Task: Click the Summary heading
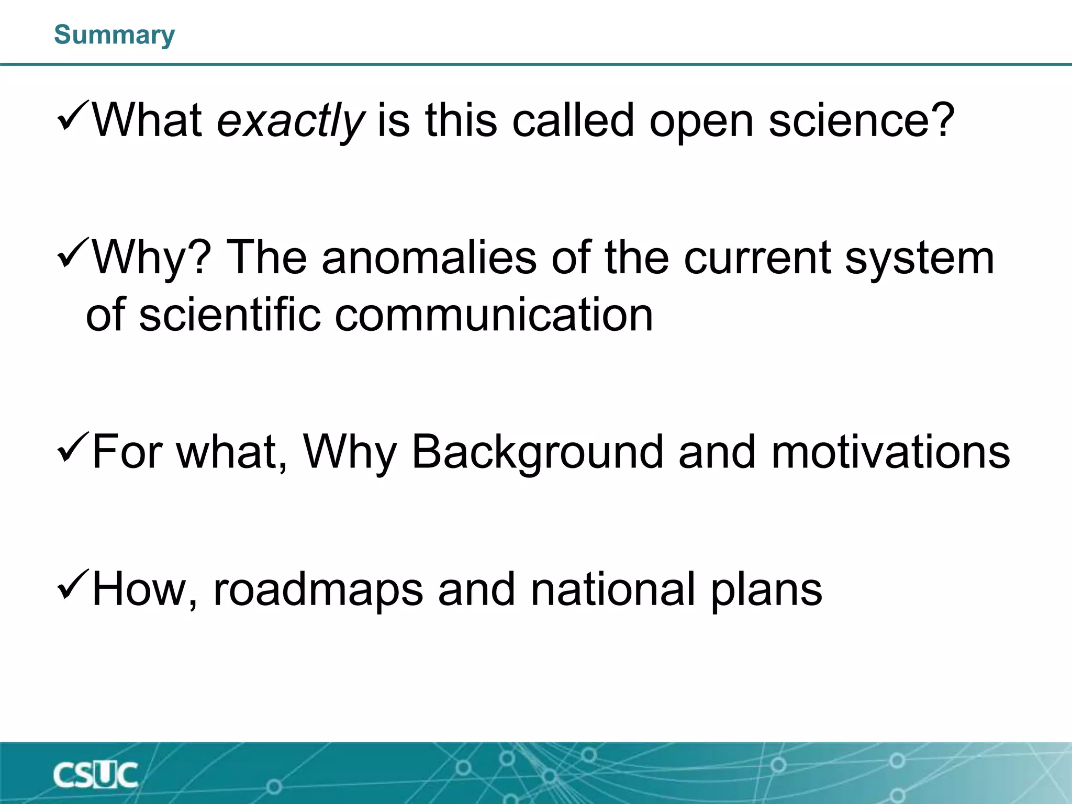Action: (x=114, y=35)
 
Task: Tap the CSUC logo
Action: (x=95, y=775)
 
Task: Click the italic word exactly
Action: (x=291, y=121)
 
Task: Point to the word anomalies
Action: (x=429, y=258)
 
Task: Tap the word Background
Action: (x=538, y=452)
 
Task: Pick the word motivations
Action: (x=890, y=452)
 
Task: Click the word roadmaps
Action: (x=318, y=589)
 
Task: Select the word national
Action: (x=613, y=589)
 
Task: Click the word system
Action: (x=919, y=259)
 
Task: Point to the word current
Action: (x=757, y=258)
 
